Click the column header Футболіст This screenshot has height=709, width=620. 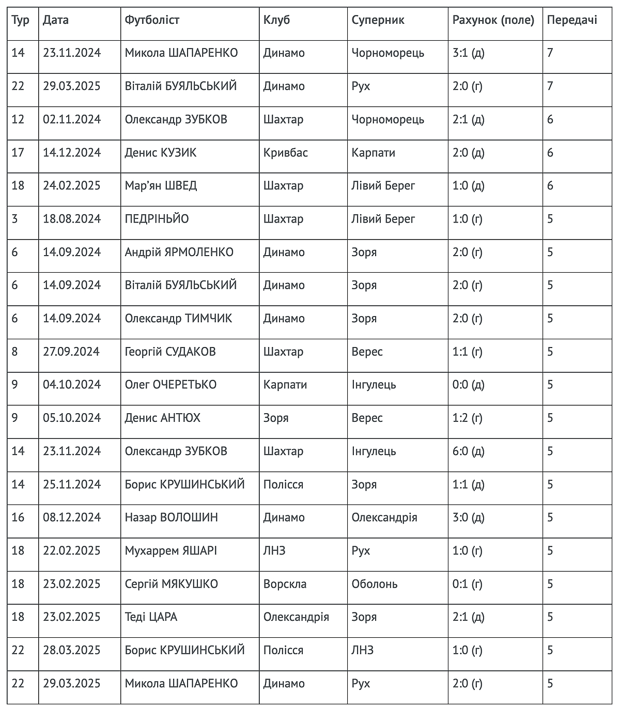pos(152,20)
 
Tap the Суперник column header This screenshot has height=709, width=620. pos(378,20)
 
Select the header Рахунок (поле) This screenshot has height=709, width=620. pos(493,20)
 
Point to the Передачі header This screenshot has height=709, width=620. pos(571,20)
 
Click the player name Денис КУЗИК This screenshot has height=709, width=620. pos(160,153)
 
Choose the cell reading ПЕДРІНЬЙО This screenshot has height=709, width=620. pos(157,219)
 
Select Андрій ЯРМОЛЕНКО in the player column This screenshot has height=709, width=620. pos(179,252)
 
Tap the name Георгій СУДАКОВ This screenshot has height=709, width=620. pos(170,352)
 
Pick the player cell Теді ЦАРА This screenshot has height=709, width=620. pos(151,617)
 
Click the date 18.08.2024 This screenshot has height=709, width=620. pos(72,219)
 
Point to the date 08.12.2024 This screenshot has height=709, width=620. pos(72,517)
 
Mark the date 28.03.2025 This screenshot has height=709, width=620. pos(72,650)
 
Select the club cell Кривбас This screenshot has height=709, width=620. pos(285,153)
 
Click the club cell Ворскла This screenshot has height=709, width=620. pos(285,584)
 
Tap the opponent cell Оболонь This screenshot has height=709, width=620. pos(374,584)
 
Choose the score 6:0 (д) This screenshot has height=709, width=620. pos(468,451)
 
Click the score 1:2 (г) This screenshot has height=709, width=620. pos(467,418)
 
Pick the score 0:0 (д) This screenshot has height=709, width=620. pos(468,385)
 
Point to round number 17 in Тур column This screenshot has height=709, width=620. pos(18,153)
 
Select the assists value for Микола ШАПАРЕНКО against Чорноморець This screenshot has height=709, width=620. pos(550,53)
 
